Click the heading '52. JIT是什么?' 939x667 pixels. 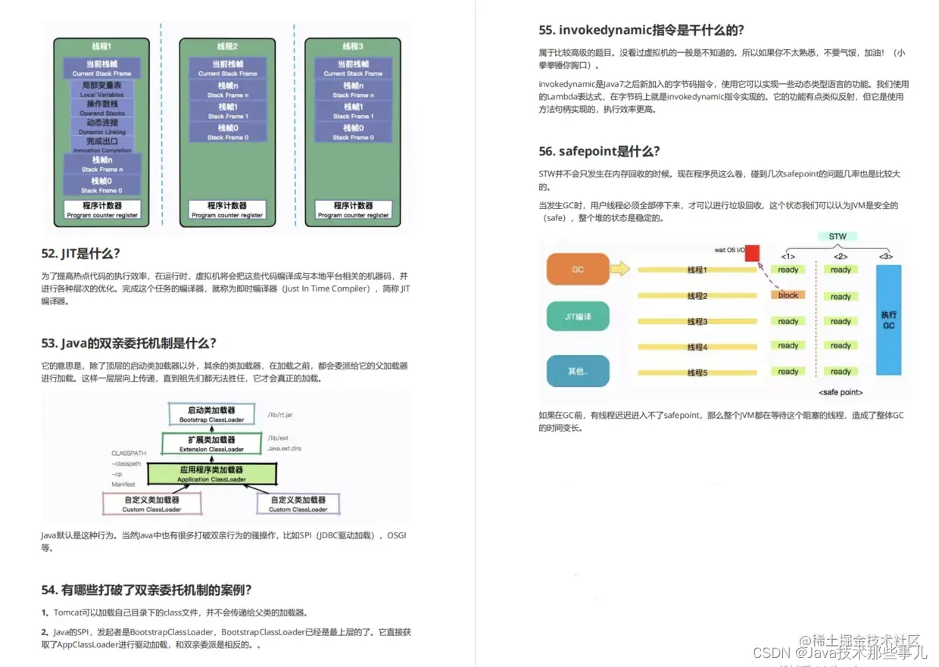coord(81,254)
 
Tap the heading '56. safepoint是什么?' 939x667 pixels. coord(599,151)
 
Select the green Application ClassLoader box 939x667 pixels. coord(211,474)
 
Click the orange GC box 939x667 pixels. coord(578,269)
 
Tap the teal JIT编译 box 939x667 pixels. coord(578,316)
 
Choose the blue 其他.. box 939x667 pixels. coord(578,371)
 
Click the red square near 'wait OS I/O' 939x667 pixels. coord(752,252)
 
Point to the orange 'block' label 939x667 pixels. coord(788,295)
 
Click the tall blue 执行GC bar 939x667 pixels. coord(888,319)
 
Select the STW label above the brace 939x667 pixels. coord(837,236)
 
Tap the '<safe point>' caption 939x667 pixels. coord(841,392)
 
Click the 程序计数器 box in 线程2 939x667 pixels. coord(227,209)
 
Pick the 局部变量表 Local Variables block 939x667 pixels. coord(102,89)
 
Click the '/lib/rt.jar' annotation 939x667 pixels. coord(282,414)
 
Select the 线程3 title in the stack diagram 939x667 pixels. coord(353,46)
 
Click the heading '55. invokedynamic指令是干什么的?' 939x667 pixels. coord(641,30)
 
